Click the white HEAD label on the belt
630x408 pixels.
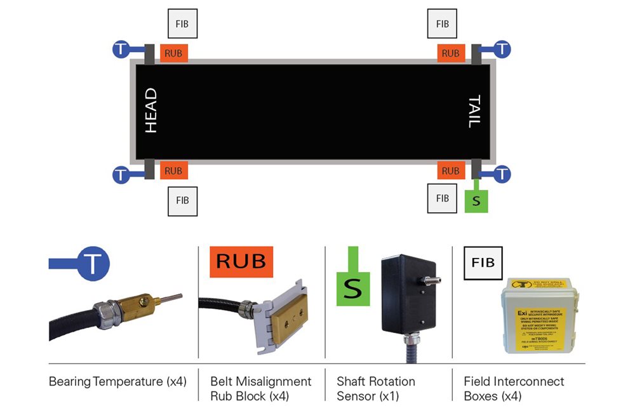151,111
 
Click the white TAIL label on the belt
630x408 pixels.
474,111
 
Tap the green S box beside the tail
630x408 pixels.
476,201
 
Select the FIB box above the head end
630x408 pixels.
182,24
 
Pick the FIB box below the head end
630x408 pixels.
182,200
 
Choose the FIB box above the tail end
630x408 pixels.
443,24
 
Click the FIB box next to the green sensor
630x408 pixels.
443,198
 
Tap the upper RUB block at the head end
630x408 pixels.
173,53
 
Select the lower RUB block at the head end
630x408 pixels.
173,170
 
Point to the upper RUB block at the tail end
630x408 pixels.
450,53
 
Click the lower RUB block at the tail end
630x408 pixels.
450,170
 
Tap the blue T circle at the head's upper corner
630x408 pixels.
121,48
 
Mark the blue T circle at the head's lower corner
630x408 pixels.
121,174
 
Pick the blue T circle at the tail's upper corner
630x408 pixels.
502,48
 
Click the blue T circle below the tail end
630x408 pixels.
502,173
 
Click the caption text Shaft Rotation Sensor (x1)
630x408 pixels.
376,388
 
